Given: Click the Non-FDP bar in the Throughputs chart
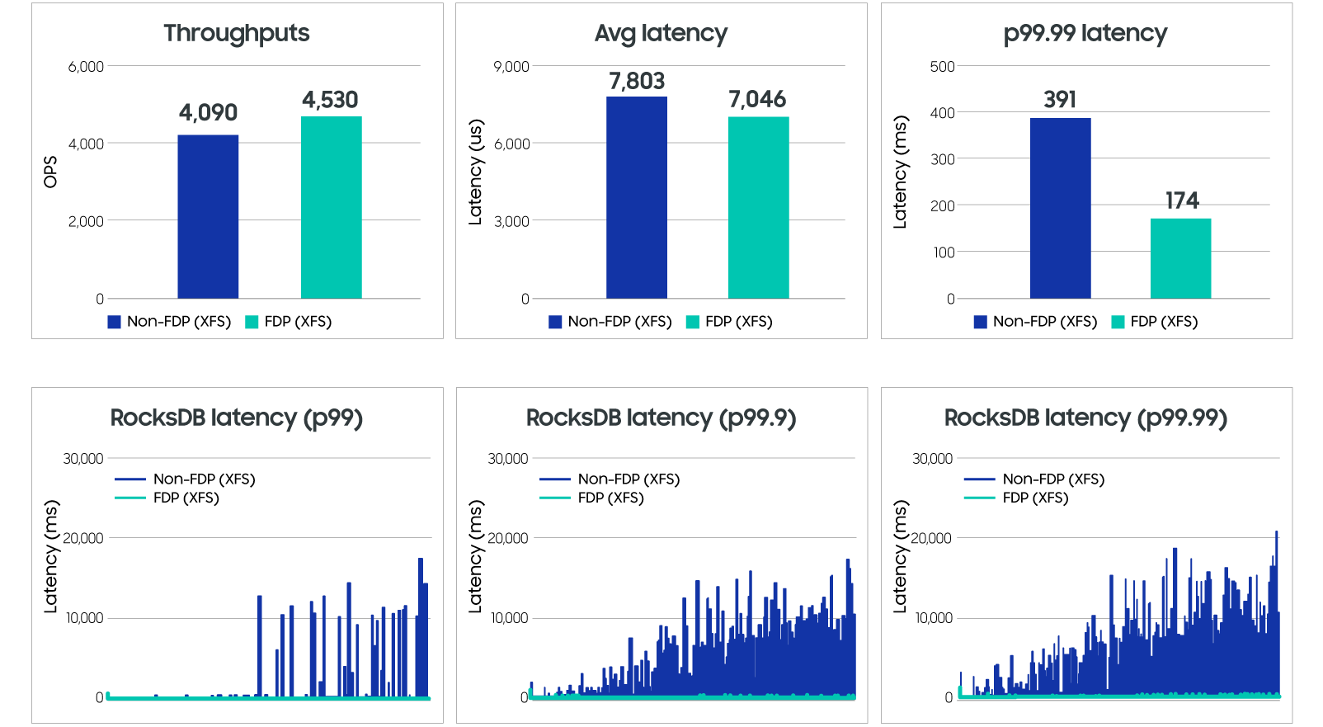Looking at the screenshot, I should click(x=208, y=216).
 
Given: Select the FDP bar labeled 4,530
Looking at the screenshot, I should click(x=331, y=207).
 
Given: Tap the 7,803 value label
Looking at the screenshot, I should click(x=637, y=81).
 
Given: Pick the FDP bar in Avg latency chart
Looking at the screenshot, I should click(x=758, y=207).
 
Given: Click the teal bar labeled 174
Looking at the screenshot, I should click(x=1180, y=258).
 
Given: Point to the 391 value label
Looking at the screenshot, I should click(x=1060, y=100).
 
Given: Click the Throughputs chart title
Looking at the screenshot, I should click(x=237, y=33).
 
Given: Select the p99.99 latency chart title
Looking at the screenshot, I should click(x=1085, y=33).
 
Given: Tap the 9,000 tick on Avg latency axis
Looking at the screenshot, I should click(x=511, y=67).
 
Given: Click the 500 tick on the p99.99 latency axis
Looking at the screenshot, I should click(x=942, y=67).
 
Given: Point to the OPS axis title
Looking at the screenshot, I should click(x=50, y=172).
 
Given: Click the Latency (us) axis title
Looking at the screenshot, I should click(x=475, y=172).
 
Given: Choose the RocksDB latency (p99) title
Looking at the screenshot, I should click(x=237, y=418).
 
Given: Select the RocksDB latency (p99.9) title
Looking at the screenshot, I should click(x=661, y=418).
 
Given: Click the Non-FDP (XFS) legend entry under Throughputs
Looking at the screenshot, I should click(x=169, y=322).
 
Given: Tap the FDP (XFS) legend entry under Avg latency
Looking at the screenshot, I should click(x=729, y=322).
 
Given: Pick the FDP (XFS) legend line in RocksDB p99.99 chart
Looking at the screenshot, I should click(x=980, y=498).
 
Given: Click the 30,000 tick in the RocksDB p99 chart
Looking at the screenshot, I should click(x=83, y=459).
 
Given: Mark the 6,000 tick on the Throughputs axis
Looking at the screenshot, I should click(x=86, y=67).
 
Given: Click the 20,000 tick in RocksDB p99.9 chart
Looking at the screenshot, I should click(x=507, y=538).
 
